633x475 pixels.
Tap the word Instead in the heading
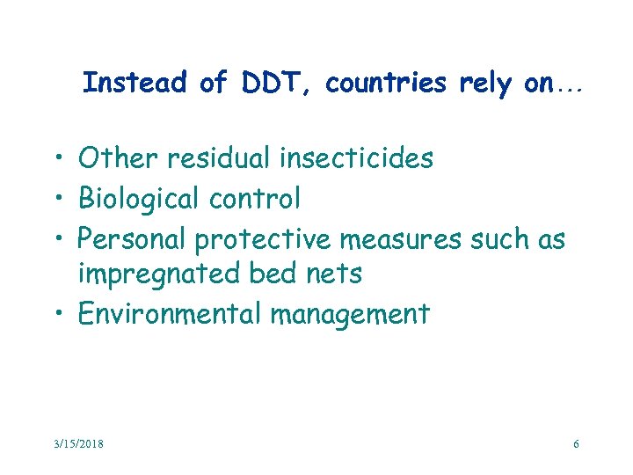pos(135,84)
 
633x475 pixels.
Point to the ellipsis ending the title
pos(568,88)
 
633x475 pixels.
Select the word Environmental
pos(171,314)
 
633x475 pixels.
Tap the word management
pos(350,315)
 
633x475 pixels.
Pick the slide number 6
pos(576,444)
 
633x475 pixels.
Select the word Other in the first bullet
pos(115,158)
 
